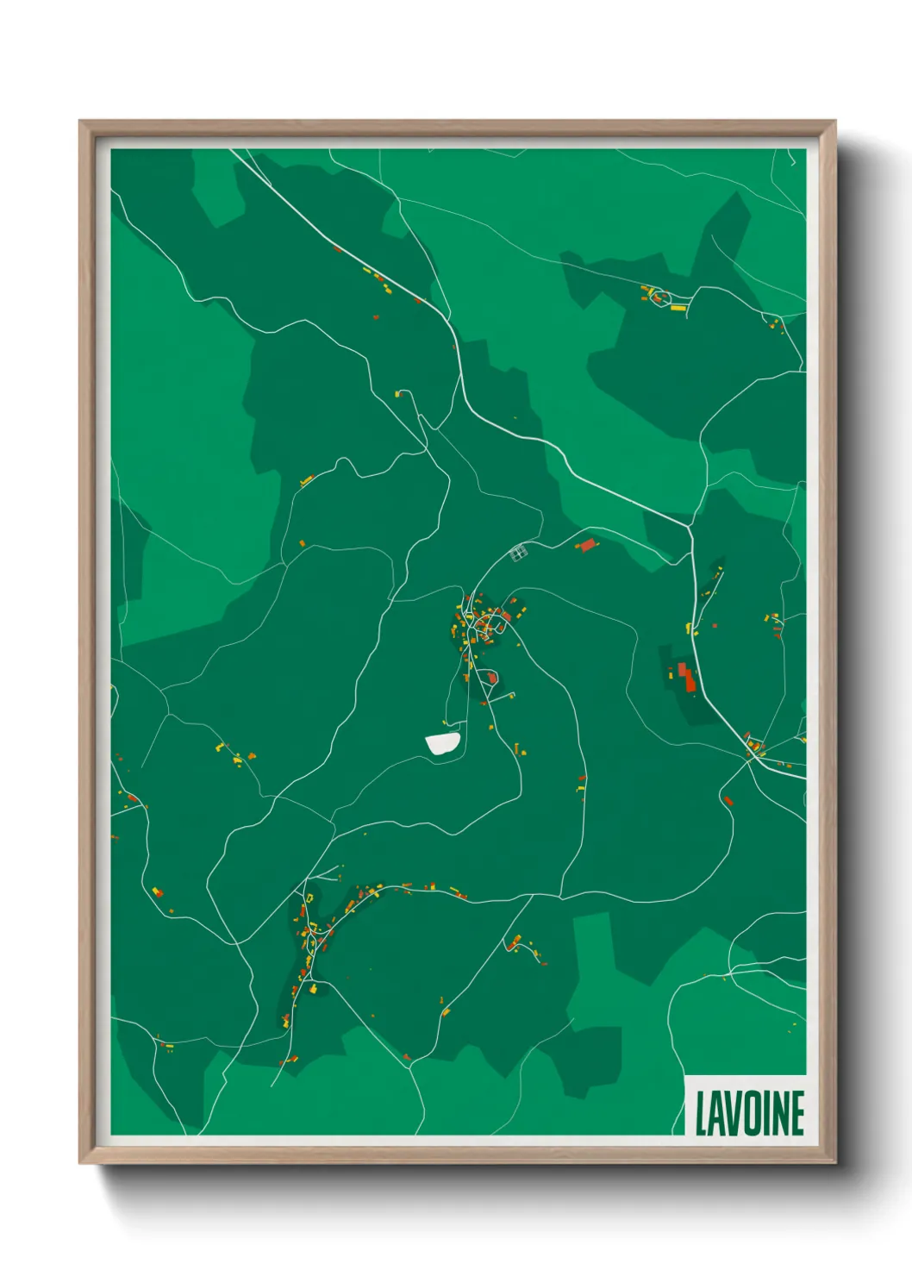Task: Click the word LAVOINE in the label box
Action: pos(749,1114)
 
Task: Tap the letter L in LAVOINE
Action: pos(701,1114)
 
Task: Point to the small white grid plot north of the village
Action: pos(518,553)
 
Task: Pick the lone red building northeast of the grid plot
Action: pos(588,545)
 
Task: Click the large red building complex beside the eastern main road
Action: pos(685,677)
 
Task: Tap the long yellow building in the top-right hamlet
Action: pos(678,307)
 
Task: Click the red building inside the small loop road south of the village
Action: pos(492,679)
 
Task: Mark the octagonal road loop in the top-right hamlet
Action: pos(658,296)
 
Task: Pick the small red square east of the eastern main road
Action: pos(728,801)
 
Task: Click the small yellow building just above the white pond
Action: pos(446,723)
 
